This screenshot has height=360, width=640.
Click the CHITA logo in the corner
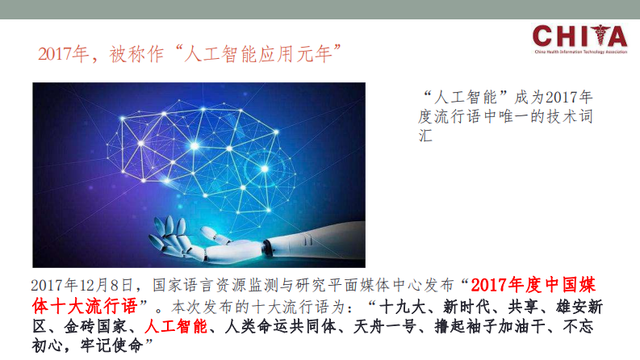pos(579,37)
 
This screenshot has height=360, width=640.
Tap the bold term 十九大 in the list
pos(402,308)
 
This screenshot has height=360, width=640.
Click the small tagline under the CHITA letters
pos(579,51)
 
